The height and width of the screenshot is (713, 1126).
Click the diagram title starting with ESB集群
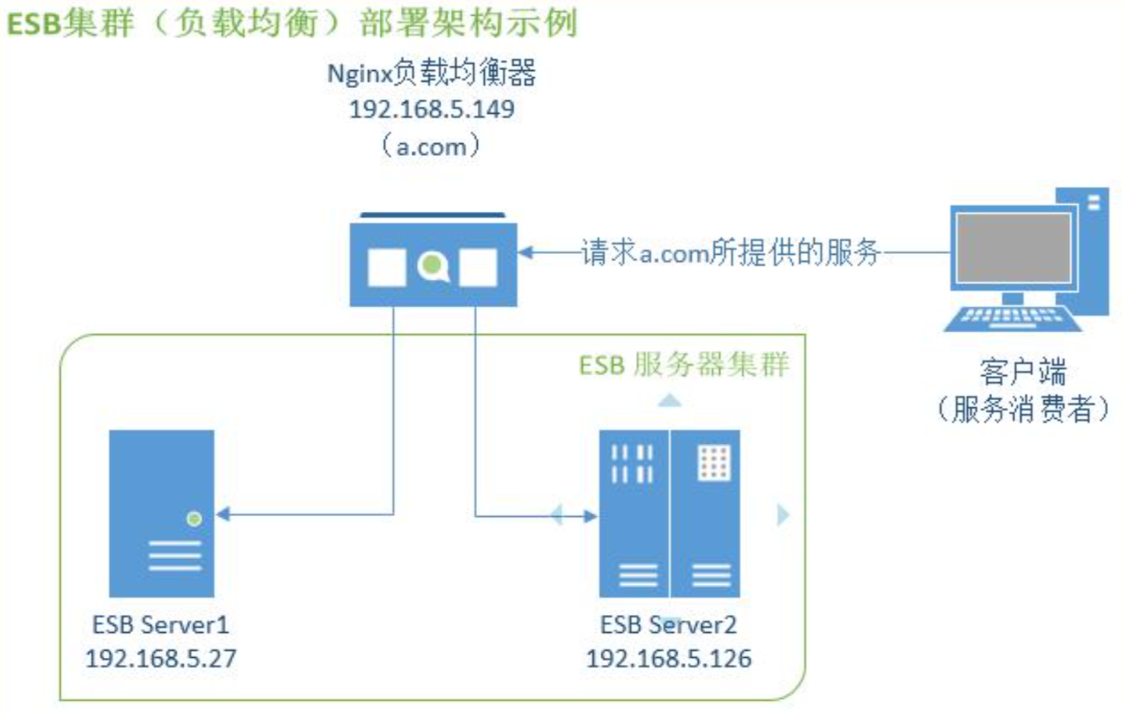[292, 23]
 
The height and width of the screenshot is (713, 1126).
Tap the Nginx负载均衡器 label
[431, 73]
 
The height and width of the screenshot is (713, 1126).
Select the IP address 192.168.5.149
[431, 110]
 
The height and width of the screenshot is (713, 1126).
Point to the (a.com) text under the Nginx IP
[431, 147]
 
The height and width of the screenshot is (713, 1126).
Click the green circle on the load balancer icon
[431, 266]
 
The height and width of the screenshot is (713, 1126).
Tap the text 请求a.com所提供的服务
[730, 253]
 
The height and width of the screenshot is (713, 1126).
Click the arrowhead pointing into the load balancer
[526, 253]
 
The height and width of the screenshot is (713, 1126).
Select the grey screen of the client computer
[1013, 247]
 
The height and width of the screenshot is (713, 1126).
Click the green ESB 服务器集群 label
[683, 364]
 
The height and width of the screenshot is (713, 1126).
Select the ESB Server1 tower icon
[161, 513]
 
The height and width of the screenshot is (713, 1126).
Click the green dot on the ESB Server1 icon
[194, 519]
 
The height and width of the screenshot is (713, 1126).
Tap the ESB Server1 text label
[160, 625]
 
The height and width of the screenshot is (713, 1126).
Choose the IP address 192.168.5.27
[160, 659]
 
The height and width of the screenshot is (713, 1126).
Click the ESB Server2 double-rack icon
[669, 513]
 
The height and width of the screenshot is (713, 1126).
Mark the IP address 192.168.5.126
[669, 659]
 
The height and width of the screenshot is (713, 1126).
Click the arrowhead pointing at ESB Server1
[223, 514]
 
